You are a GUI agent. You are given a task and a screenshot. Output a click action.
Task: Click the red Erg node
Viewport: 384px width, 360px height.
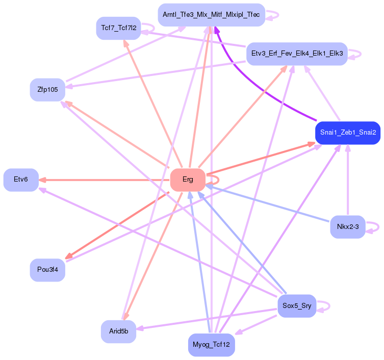(188, 179)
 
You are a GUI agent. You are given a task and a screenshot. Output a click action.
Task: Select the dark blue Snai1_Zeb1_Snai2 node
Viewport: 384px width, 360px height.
(348, 133)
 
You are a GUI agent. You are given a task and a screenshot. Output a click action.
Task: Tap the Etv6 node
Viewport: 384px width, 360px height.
(21, 179)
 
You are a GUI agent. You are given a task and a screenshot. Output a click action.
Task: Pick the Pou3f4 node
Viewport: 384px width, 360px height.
(47, 270)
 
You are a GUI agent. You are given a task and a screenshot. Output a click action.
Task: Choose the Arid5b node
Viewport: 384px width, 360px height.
(118, 331)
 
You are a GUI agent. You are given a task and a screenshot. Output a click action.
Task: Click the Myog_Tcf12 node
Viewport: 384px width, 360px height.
(211, 345)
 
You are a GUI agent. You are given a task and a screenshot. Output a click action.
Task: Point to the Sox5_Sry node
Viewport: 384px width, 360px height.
(297, 305)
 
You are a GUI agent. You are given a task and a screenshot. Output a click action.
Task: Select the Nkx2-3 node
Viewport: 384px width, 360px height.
(348, 226)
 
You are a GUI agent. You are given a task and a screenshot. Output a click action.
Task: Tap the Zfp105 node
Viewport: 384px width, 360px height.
(47, 90)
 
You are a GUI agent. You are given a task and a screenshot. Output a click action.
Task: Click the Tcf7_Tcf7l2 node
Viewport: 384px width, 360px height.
(118, 28)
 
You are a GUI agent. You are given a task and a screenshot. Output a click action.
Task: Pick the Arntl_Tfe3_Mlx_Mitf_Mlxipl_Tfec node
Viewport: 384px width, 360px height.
(211, 15)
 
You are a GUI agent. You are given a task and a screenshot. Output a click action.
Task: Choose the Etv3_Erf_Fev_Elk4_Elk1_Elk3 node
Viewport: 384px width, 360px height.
(297, 54)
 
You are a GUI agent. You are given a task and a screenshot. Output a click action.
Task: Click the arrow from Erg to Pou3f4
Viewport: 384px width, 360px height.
(117, 225)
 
